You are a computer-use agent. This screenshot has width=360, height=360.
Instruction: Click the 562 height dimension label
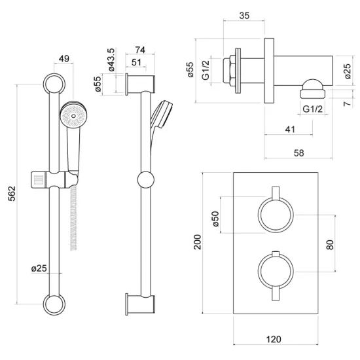pos(12,193)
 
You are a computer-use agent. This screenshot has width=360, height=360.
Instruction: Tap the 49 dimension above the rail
pos(64,58)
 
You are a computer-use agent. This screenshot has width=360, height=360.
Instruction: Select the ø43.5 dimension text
pos(111,60)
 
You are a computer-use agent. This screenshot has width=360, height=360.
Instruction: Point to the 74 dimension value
pos(140,50)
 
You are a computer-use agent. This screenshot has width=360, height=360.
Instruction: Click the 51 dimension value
pos(136,62)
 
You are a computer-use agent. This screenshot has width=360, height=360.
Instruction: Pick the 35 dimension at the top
pos(244,16)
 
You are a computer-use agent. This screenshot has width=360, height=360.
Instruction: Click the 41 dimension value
pos(290,130)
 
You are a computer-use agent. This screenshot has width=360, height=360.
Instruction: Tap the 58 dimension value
pos(298,153)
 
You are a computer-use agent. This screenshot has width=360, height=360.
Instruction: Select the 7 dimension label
pos(348,103)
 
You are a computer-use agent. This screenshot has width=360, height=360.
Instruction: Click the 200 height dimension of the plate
pos(197,242)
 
